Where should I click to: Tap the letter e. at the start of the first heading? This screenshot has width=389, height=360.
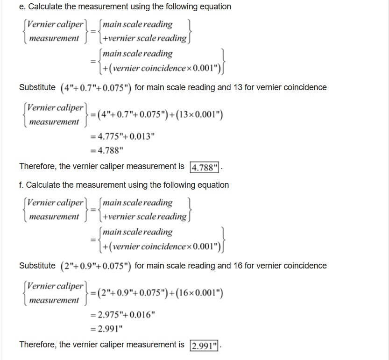pyautogui.click(x=21, y=7)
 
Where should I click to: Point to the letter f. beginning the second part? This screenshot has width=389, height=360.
pyautogui.click(x=21, y=185)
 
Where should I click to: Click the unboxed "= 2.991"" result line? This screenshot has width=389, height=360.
pyautogui.click(x=106, y=329)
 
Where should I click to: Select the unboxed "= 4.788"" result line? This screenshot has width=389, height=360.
pyautogui.click(x=106, y=150)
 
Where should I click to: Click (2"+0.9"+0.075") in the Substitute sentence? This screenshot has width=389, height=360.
pyautogui.click(x=96, y=266)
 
